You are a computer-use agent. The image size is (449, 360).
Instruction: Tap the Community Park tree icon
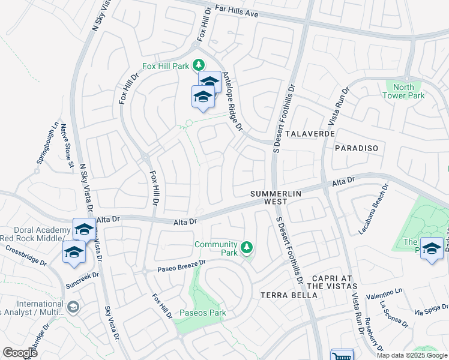coord(246,247)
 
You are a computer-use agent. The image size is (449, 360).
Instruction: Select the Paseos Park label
coord(202,313)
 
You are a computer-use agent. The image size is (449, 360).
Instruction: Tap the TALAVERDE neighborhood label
coord(310,133)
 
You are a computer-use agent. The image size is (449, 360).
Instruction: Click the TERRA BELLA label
coord(288,295)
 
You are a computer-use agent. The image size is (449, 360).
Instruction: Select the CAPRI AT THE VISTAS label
coord(335,283)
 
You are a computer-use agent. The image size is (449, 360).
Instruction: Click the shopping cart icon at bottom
coord(342,355)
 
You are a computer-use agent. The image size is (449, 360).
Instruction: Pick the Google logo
coord(20,353)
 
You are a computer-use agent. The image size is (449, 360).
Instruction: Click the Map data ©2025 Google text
coord(411,355)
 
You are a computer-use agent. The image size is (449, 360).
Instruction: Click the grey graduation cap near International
coord(73,307)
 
